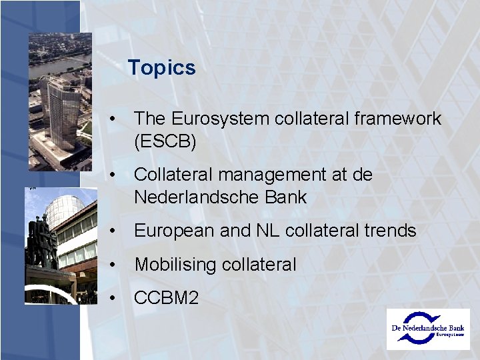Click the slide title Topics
click(161, 68)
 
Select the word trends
click(390, 231)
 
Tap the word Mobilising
click(173, 265)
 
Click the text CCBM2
click(166, 298)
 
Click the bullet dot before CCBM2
click(116, 298)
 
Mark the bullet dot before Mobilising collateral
click(116, 265)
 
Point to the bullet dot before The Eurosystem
click(116, 119)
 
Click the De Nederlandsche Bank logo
click(427, 329)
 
